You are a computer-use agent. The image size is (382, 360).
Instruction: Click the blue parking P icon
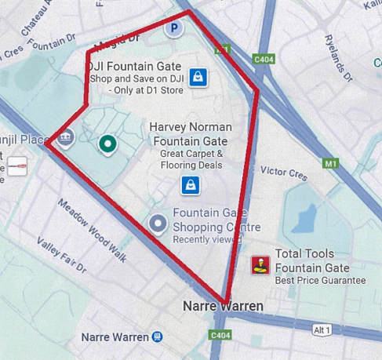tap(174, 28)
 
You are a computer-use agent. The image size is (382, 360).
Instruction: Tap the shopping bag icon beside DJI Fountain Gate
tap(198, 77)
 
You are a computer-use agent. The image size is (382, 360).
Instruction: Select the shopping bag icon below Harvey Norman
tap(189, 184)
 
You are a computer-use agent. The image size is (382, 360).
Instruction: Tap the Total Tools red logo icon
tap(259, 266)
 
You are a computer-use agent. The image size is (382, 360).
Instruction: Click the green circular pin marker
tap(107, 144)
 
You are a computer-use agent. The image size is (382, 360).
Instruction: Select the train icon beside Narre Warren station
tap(158, 336)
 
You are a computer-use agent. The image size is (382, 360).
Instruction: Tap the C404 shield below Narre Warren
tap(220, 335)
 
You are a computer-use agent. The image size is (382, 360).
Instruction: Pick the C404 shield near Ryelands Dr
tap(265, 58)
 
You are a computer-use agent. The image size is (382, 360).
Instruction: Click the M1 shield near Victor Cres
tap(330, 164)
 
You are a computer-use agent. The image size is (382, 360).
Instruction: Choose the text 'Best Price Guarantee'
tap(320, 280)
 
